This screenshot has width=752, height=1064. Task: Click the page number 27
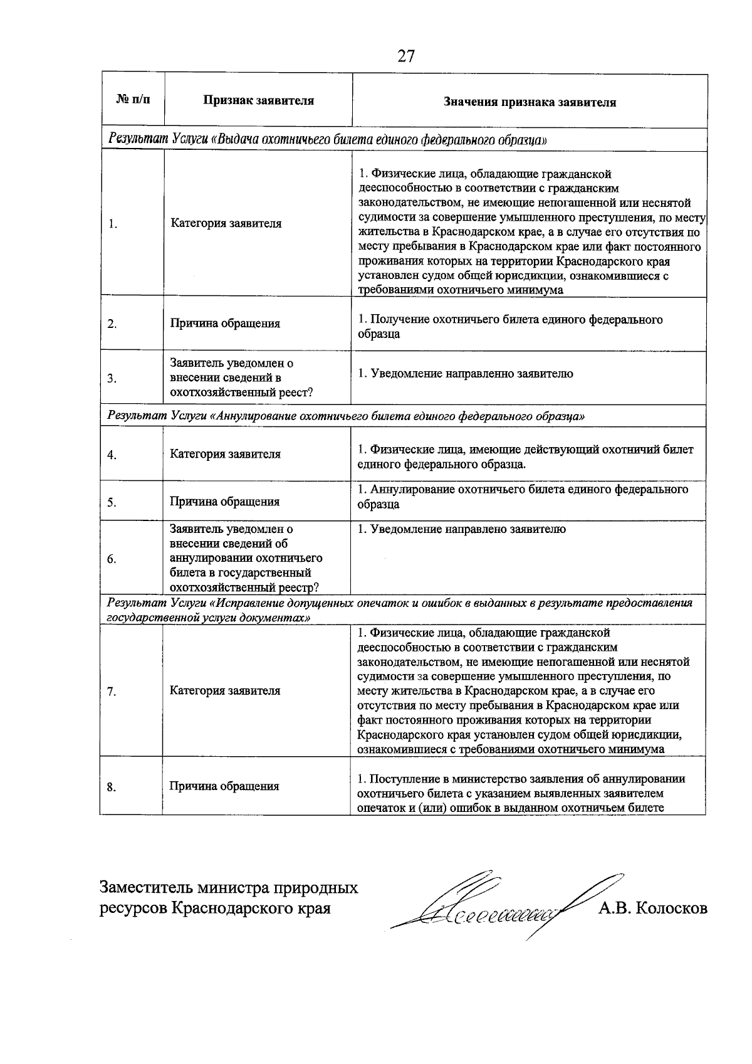[406, 56]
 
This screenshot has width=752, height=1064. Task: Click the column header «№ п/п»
[133, 100]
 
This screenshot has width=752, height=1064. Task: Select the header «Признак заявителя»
[258, 100]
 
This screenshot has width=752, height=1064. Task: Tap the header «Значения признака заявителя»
[530, 102]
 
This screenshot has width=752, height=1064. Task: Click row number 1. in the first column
[113, 224]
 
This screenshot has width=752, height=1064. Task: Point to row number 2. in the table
[113, 324]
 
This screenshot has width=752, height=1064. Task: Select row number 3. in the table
[113, 379]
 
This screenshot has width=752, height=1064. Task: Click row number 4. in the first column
[112, 455]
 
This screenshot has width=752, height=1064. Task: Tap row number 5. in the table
[112, 502]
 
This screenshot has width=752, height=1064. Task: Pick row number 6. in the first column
[112, 559]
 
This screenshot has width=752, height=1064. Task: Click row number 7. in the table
[112, 692]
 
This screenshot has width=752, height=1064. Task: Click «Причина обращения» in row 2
[225, 324]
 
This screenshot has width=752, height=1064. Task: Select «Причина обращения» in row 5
[224, 502]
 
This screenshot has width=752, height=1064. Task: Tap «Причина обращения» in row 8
[224, 786]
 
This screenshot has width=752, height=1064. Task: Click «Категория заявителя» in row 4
[225, 454]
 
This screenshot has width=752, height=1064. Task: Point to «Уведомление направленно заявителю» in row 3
[465, 374]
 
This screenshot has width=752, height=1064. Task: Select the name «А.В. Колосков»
[652, 908]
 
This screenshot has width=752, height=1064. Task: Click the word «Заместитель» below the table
[145, 888]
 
